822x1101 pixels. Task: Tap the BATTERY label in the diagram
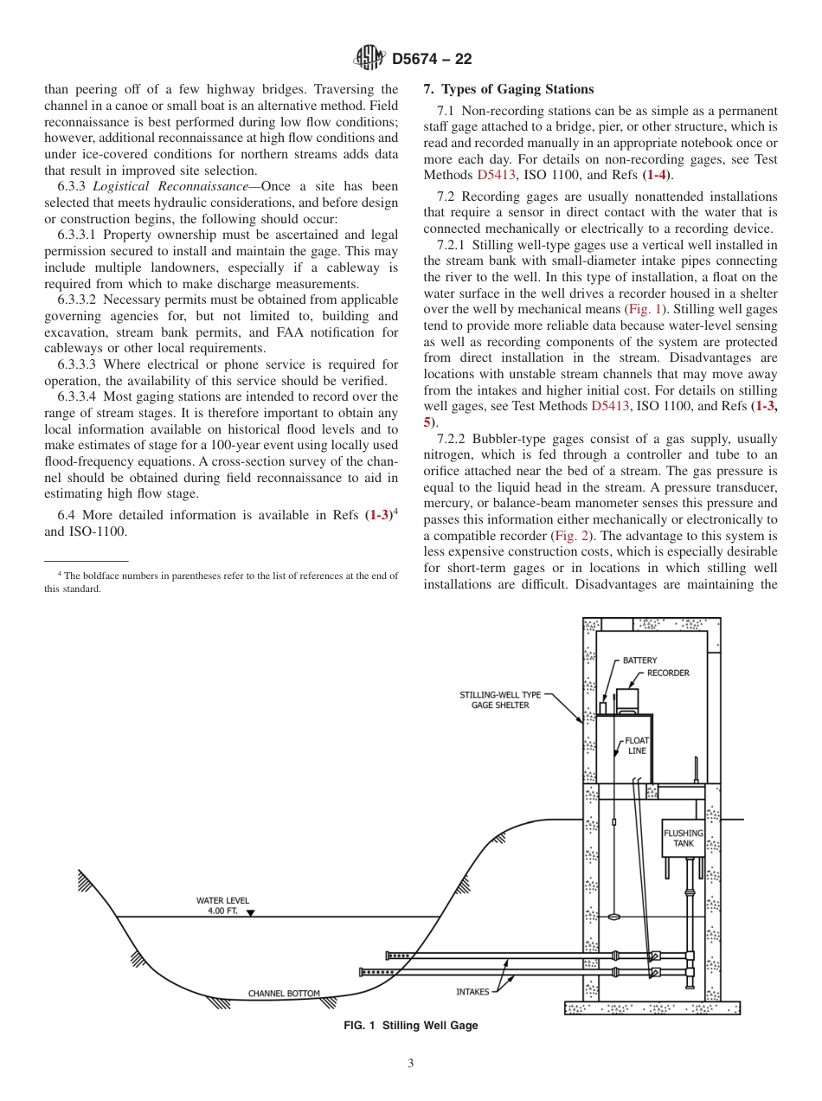(x=639, y=660)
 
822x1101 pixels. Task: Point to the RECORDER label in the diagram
(x=668, y=673)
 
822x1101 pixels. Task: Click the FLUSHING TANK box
(x=684, y=838)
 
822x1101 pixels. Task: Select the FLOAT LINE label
(x=637, y=746)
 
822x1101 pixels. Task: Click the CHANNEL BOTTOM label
(x=284, y=993)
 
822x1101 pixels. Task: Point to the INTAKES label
(x=472, y=991)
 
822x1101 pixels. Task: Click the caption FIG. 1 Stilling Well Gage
(x=411, y=1026)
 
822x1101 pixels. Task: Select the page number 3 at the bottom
(x=411, y=1064)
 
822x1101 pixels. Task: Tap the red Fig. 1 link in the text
(x=645, y=309)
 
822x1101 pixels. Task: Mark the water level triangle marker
(x=251, y=912)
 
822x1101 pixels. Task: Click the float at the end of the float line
(x=613, y=915)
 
